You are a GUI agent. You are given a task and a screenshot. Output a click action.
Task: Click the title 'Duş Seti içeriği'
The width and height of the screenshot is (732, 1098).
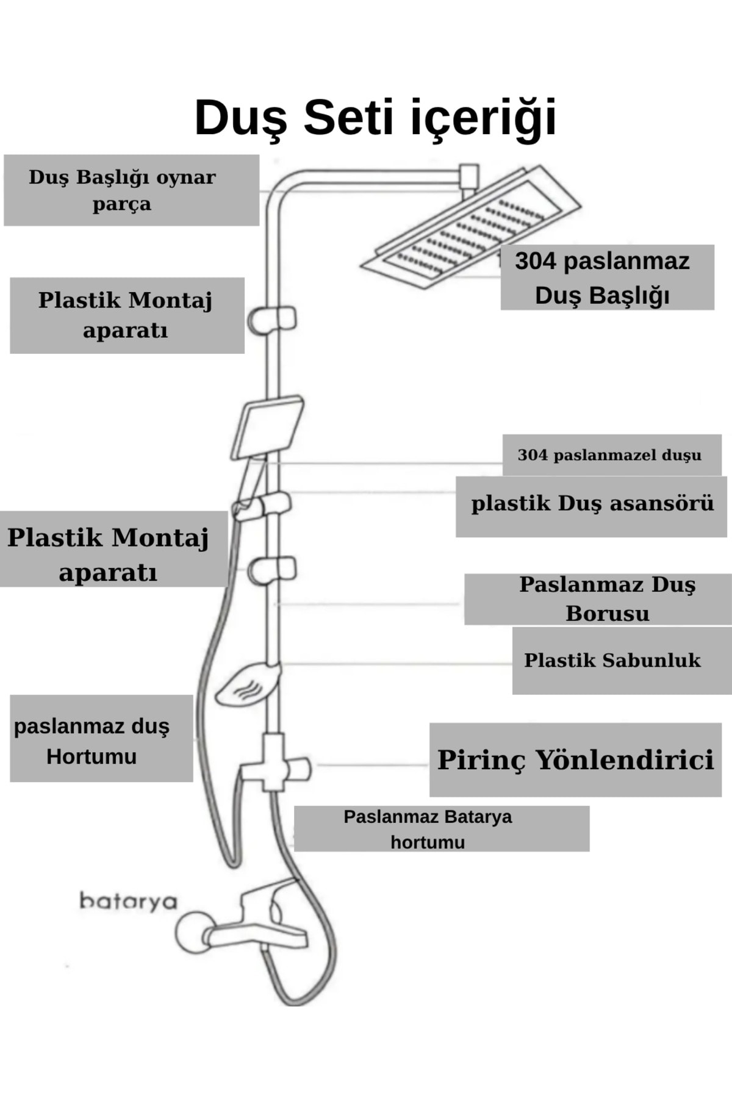pos(375,117)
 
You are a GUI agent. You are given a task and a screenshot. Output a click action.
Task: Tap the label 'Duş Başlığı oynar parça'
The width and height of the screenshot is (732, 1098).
pos(122,190)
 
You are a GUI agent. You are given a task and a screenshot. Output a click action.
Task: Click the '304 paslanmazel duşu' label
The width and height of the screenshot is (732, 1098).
pos(609,455)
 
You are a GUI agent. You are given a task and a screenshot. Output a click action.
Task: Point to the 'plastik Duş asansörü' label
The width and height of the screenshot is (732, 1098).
pos(592,504)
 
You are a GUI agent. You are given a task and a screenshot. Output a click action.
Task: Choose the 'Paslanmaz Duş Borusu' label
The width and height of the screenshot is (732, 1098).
pos(607,598)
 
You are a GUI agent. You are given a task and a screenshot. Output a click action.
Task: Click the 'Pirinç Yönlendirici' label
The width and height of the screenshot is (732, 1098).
pos(575,759)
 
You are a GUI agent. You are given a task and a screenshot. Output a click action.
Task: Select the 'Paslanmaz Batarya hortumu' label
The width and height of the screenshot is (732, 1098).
pos(428,828)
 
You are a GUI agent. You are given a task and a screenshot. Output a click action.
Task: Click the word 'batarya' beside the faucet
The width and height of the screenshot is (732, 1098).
pos(127,901)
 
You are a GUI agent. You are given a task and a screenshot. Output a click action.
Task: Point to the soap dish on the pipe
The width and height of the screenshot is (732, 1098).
pos(247,686)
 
